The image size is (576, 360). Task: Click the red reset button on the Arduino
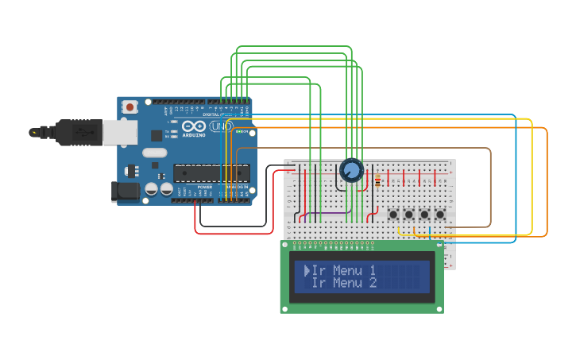[x=130, y=106]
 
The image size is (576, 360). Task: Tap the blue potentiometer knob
[x=351, y=170]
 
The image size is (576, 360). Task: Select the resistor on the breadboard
[x=377, y=180]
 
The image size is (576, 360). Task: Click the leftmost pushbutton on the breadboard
[x=393, y=215]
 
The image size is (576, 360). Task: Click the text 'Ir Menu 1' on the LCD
[x=344, y=270]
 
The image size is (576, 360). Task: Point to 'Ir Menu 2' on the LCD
[x=344, y=283]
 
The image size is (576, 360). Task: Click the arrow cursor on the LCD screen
[x=307, y=270]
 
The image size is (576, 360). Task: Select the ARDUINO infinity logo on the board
[x=194, y=126]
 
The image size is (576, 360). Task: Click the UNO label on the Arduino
[x=222, y=126]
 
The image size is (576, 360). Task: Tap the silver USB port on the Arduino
[x=120, y=133]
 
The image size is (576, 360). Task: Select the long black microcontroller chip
[x=211, y=172]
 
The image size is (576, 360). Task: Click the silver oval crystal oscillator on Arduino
[x=155, y=153]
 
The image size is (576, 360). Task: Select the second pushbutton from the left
[x=409, y=215]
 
